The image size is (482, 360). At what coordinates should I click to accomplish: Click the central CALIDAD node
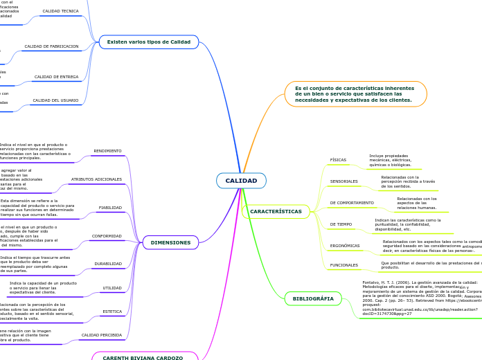pos(241,181)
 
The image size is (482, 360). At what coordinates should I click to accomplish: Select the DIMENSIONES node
pos(170,242)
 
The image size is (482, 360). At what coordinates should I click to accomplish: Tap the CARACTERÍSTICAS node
pos(276,211)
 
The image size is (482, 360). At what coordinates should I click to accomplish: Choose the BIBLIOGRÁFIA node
pos(313,298)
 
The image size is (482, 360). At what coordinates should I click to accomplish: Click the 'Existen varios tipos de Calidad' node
pos(148,42)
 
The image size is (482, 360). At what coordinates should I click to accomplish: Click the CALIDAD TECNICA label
pos(61,11)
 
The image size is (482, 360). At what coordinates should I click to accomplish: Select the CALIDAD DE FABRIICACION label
pos(51,46)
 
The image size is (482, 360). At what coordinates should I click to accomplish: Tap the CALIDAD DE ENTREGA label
pos(56,77)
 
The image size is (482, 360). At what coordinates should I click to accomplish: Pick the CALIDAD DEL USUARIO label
pos(55,100)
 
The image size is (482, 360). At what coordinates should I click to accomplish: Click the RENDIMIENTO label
pos(107,151)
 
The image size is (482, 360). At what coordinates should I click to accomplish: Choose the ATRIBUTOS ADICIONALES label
pos(96,179)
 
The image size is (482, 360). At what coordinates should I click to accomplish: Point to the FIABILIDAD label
pos(110,207)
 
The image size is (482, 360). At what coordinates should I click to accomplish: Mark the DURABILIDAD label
pos(108,264)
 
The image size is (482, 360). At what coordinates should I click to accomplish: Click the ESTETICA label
pos(112,312)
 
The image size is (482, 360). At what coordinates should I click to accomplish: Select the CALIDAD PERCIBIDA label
pos(101,335)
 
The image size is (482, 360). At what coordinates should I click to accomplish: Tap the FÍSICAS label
pos(338,160)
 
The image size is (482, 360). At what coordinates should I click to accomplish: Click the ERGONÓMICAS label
pos(345,245)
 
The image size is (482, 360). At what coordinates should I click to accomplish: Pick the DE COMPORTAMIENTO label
pos(352,203)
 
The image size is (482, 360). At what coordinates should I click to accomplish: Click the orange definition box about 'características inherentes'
pos(355,94)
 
